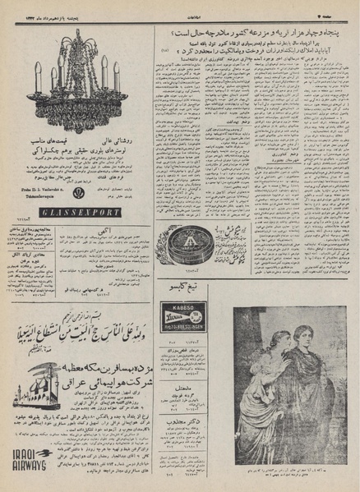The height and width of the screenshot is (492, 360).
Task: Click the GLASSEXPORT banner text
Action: tap(79, 212)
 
